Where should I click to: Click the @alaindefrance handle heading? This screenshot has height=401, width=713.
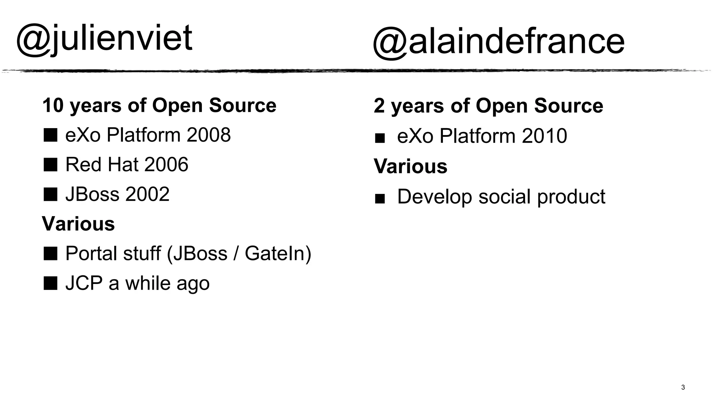(499, 42)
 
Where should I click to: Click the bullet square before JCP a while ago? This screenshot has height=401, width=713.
(50, 283)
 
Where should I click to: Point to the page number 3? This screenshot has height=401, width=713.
(683, 387)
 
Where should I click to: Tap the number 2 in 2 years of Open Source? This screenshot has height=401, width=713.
(379, 106)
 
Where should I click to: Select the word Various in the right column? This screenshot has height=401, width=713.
(410, 166)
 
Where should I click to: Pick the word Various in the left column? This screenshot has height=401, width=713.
(78, 223)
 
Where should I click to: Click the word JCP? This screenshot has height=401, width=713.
(84, 283)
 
